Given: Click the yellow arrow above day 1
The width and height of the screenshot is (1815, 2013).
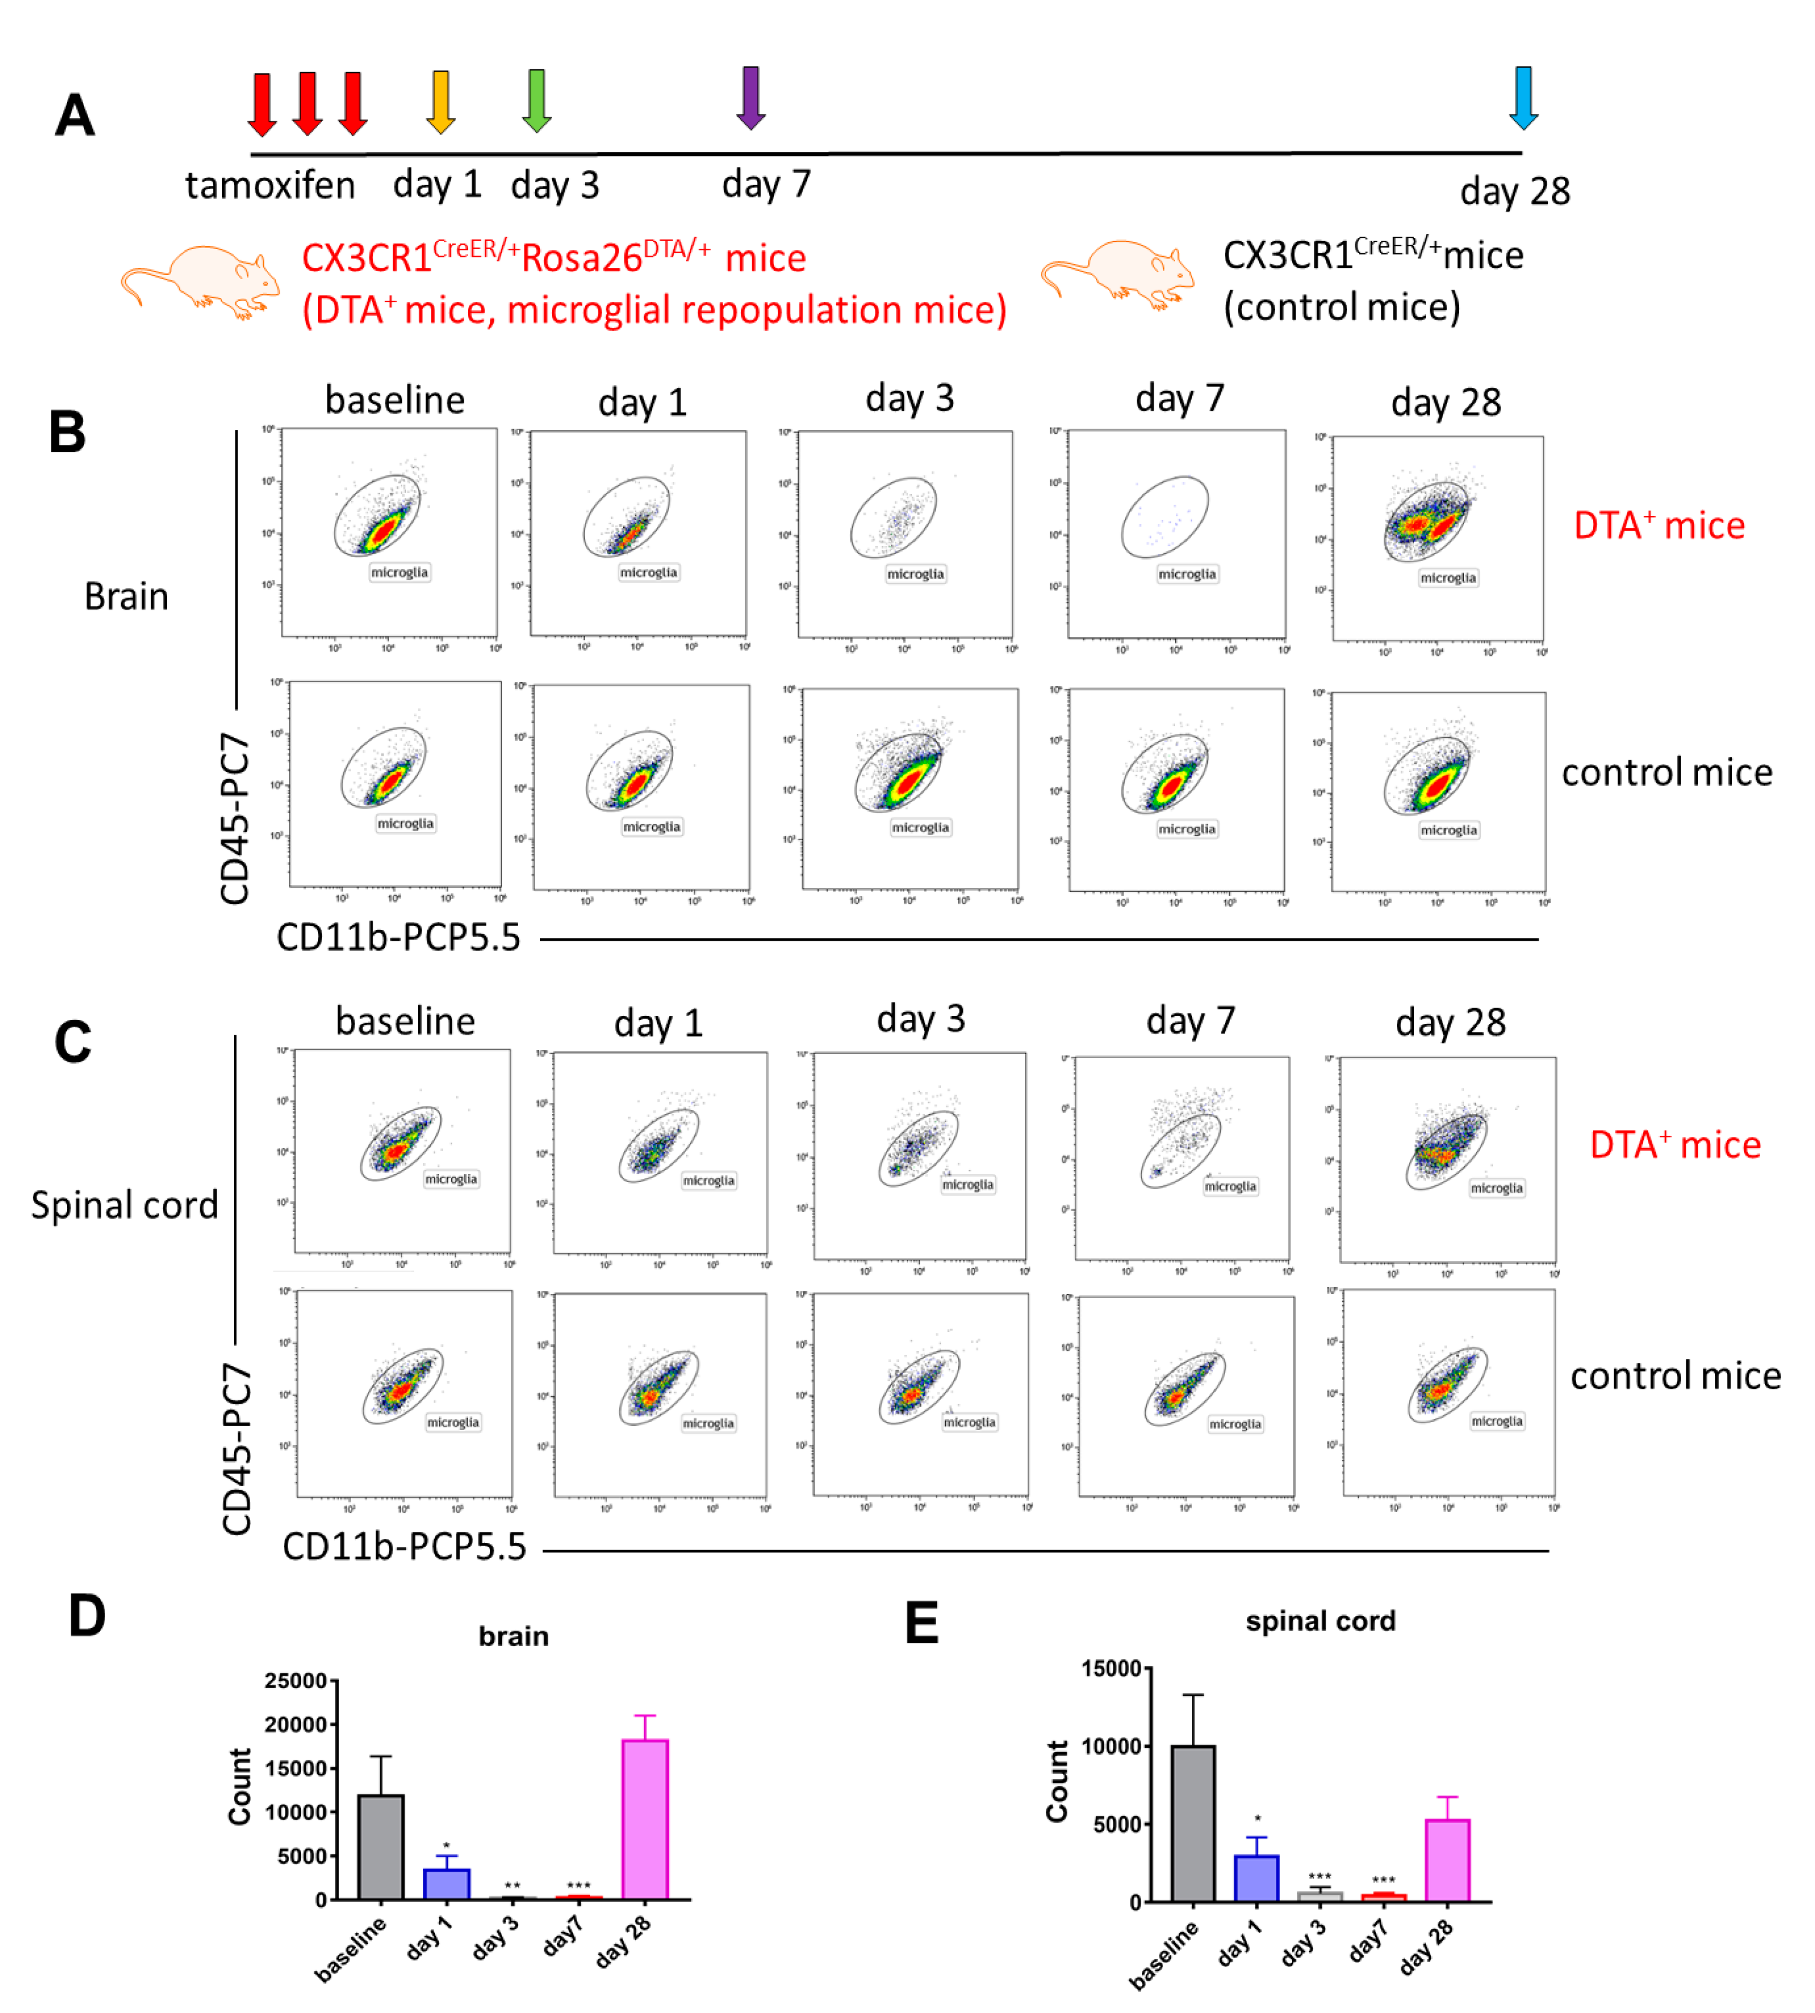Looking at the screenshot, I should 440,100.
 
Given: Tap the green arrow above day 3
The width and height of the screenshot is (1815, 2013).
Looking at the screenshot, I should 537,100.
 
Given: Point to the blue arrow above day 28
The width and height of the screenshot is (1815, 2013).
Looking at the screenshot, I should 1523,97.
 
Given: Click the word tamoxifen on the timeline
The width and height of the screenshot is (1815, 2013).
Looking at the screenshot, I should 270,186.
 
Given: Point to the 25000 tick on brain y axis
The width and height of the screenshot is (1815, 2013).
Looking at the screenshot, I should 296,1681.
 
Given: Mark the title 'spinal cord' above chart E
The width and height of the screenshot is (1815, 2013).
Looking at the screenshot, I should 1320,1621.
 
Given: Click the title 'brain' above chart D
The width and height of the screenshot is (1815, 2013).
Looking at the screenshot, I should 514,1636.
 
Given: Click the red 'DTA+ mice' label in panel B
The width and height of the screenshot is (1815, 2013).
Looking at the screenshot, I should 1659,525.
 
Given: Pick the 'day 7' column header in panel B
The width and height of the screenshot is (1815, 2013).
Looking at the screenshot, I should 1179,399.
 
